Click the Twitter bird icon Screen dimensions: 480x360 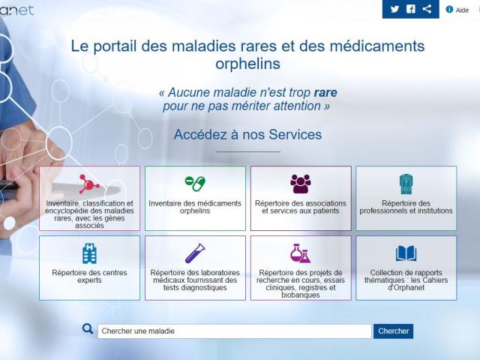[x=394, y=9]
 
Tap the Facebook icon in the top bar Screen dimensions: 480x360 [x=411, y=9]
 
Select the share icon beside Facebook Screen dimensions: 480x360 [x=427, y=8]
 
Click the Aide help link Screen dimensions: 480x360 [x=457, y=10]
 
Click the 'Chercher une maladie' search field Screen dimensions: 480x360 [x=235, y=331]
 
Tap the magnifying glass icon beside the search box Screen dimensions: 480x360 [x=88, y=329]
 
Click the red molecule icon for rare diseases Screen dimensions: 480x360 [x=88, y=184]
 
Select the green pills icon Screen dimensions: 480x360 [x=195, y=183]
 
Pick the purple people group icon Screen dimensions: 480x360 [x=301, y=184]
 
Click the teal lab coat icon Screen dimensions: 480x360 [x=406, y=184]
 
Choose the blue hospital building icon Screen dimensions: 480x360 [x=89, y=253]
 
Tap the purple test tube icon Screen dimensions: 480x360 [x=195, y=253]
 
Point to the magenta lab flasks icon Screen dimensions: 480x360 [x=301, y=253]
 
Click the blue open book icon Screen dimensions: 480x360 [x=406, y=253]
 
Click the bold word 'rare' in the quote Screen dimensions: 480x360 [x=325, y=92]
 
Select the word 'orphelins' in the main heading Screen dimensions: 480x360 [x=247, y=64]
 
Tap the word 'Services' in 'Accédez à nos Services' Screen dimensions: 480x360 [x=295, y=135]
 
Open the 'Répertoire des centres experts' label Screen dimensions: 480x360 [x=89, y=277]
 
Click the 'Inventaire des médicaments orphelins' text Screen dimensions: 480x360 [x=195, y=207]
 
